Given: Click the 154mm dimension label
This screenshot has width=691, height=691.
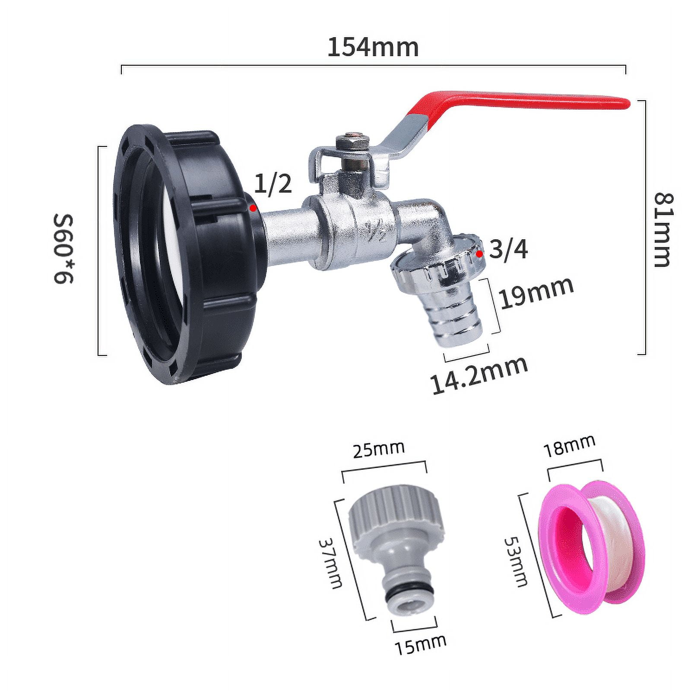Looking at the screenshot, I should click(x=373, y=47).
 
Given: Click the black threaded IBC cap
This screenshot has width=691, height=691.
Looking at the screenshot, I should click(x=181, y=250).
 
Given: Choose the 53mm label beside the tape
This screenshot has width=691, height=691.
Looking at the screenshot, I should click(x=517, y=562).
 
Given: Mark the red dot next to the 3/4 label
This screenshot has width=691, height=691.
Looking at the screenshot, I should click(x=479, y=254).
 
